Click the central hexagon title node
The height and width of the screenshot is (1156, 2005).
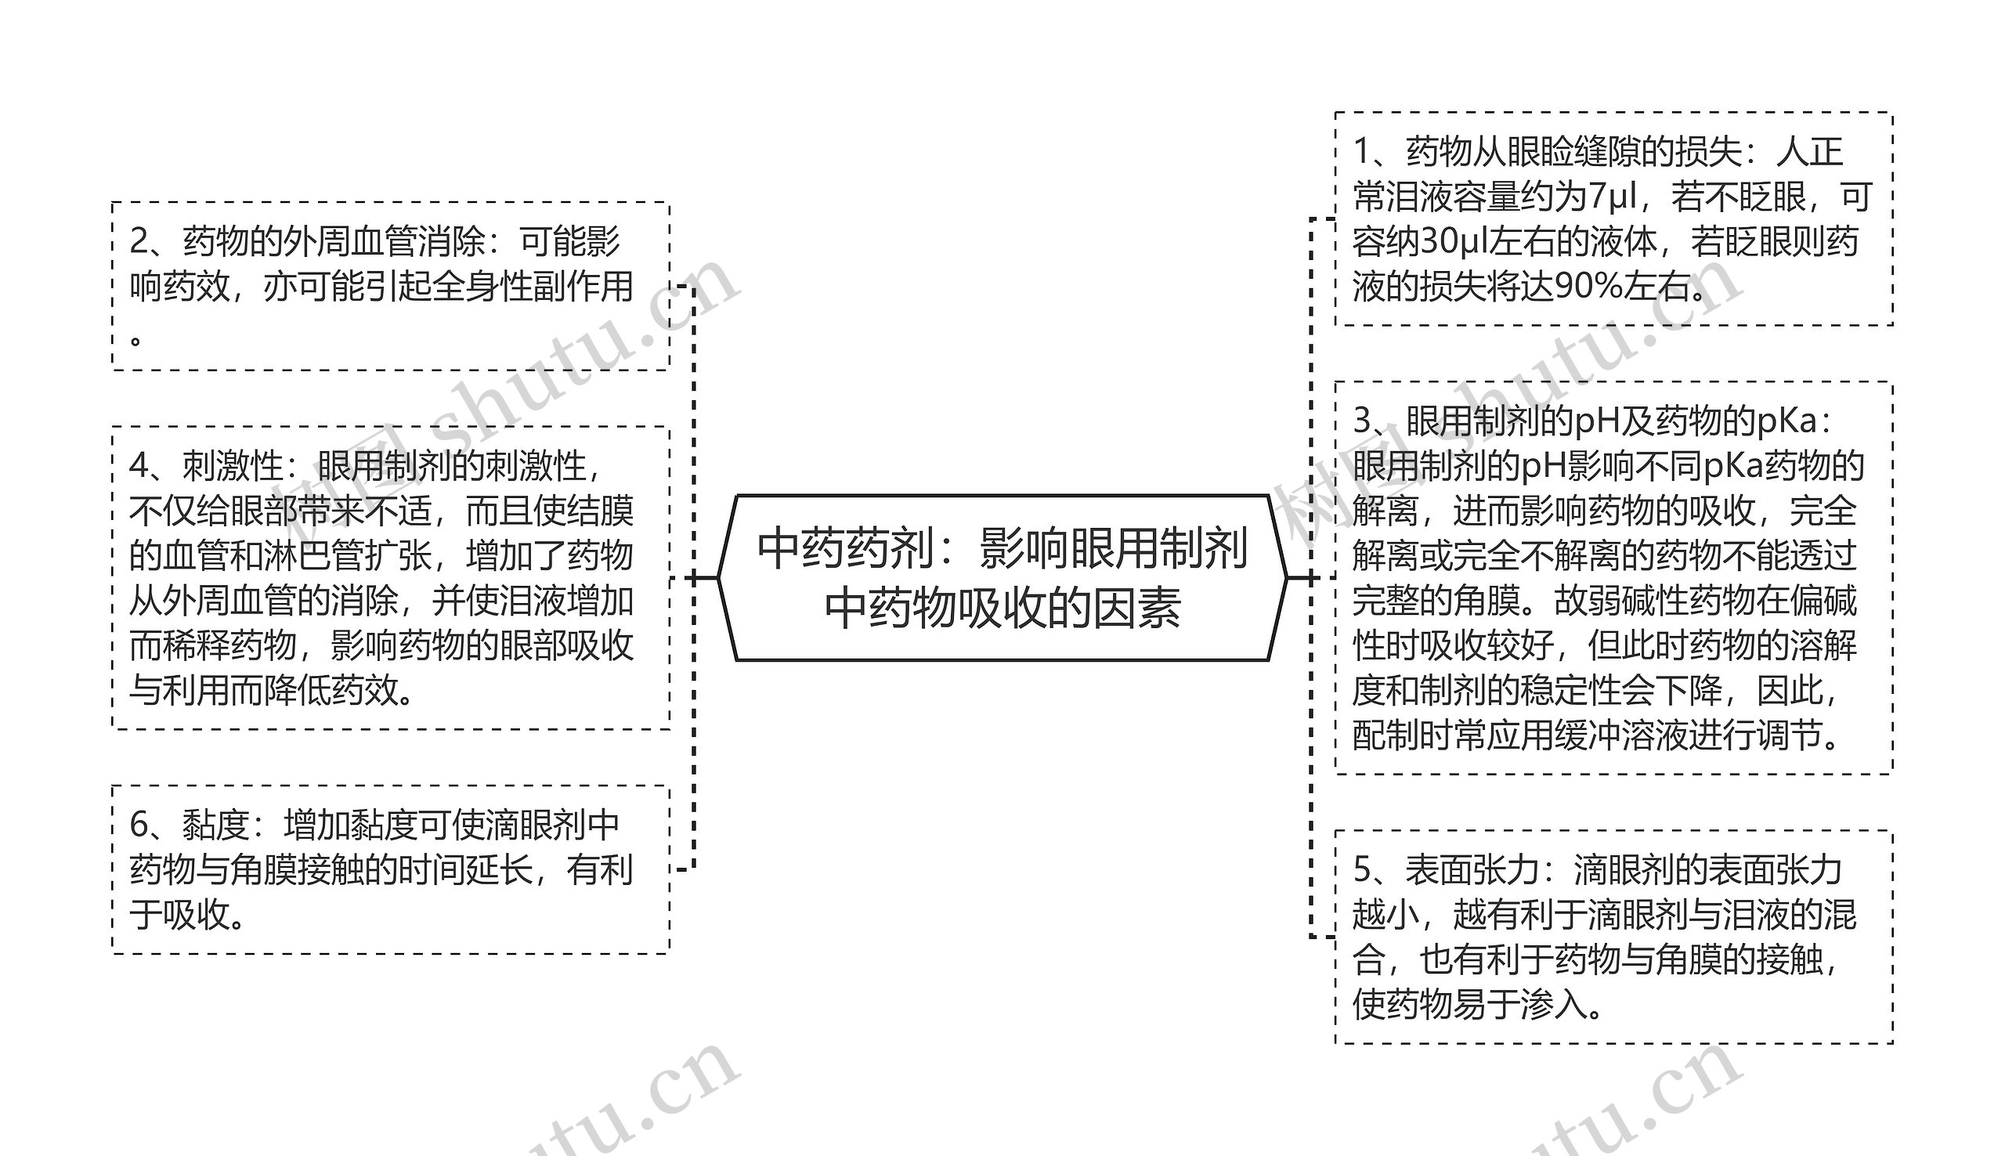1002,578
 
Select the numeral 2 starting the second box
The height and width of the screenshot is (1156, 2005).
139,241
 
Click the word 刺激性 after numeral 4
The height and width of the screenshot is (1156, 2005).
233,466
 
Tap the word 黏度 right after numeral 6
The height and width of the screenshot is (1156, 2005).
216,825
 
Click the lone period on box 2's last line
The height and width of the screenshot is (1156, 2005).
136,340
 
